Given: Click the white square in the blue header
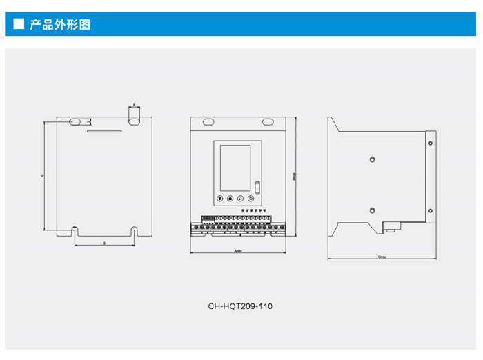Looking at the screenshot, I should coord(19,25).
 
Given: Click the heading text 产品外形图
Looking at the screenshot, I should coord(60,25).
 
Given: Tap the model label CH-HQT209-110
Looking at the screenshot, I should coord(240,306).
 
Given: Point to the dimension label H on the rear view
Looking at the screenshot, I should coord(41,176).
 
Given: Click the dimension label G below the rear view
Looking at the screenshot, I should coord(104,243).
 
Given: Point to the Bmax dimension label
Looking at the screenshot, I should coord(294,176).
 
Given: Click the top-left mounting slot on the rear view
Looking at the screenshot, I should coord(75,121).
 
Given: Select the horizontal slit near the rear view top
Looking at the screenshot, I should coord(104,131).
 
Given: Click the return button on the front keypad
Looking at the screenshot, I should coord(250,198).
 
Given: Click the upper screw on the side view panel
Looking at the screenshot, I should coord(372,160).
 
